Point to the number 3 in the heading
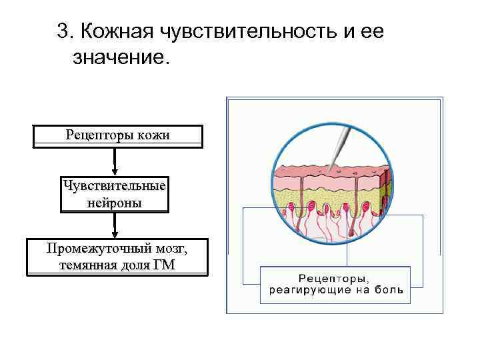(x=63, y=31)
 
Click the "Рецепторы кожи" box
(x=117, y=135)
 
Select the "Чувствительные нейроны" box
(x=115, y=193)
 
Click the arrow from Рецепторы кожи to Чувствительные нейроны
(x=115, y=162)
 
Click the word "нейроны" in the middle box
(x=115, y=203)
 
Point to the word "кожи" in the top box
(x=154, y=135)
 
